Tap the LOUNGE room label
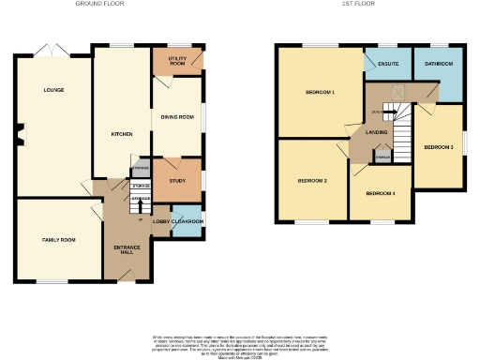pos(52,90)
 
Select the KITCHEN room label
pos(122,134)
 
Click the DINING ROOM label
pos(179,116)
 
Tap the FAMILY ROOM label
pos(58,240)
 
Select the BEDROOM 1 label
pos(321,92)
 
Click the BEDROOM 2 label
pos(312,179)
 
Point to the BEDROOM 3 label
pos(438,147)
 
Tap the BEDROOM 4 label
pos(380,193)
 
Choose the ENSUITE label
pos(389,64)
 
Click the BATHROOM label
pos(438,64)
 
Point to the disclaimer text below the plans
pos(240,343)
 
